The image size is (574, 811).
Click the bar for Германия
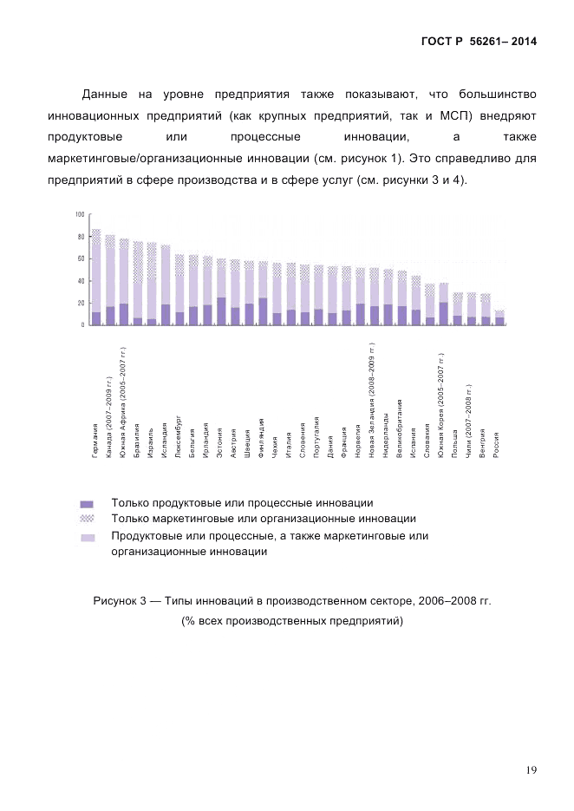click(x=95, y=278)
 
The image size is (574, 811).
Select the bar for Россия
click(x=499, y=317)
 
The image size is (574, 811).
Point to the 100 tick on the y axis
click(x=80, y=214)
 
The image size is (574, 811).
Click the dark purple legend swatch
click(x=86, y=503)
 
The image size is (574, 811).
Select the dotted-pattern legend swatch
click(x=86, y=519)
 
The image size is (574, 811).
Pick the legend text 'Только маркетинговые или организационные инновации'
click(x=263, y=519)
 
